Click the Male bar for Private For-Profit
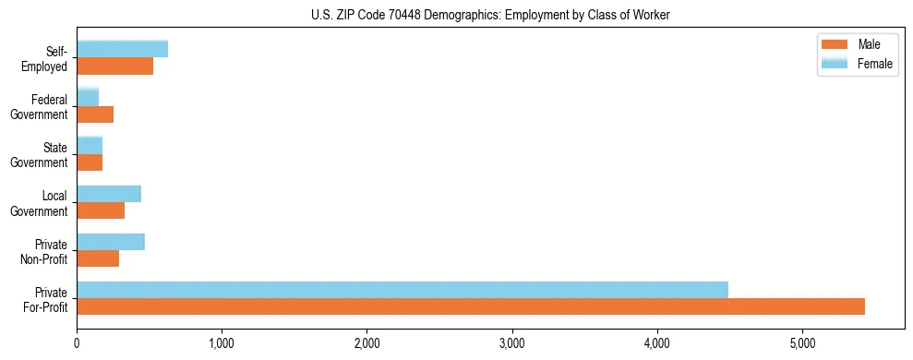[x=471, y=306]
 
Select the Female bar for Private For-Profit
[x=402, y=290]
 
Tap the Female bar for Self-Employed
[x=122, y=49]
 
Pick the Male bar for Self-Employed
[x=114, y=66]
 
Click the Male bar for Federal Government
[x=95, y=114]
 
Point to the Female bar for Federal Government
[x=88, y=97]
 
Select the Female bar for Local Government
[x=109, y=194]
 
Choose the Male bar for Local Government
[x=101, y=210]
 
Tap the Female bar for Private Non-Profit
[x=111, y=242]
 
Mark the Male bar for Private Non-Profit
[x=98, y=258]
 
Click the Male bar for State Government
[x=90, y=162]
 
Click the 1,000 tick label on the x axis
[x=222, y=344]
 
